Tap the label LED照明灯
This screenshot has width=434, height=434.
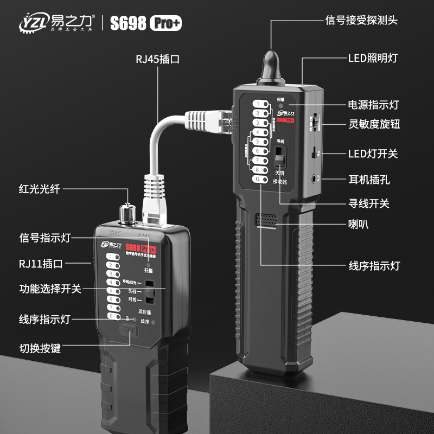pos(373,58)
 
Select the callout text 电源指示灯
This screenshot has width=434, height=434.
pos(373,104)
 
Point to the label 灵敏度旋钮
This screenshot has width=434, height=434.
pos(373,124)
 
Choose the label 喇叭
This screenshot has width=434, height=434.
pos(358,224)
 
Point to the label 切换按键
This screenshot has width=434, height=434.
pos(40,348)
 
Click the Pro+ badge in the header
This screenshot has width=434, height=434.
pos(166,22)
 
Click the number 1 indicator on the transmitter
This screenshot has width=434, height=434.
pos(112,257)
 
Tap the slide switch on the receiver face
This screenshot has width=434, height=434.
pos(279,156)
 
